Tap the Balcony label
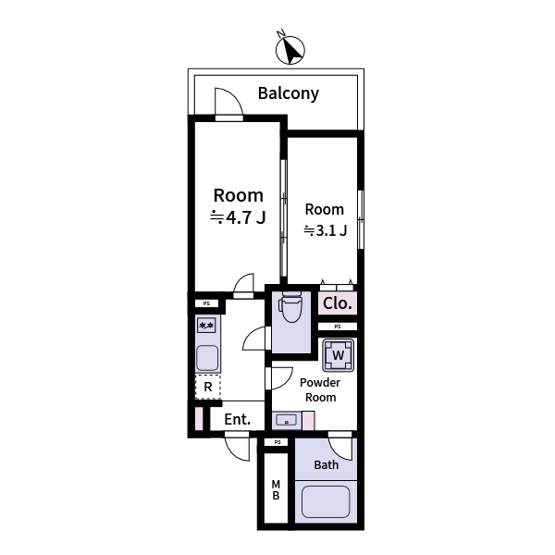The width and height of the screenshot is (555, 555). [288, 93]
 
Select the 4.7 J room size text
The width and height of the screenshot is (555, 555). [239, 218]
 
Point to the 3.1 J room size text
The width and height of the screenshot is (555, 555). [325, 231]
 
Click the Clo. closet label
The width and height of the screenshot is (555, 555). [337, 303]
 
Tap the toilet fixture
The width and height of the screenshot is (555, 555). [290, 308]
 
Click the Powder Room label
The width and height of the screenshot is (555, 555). [320, 389]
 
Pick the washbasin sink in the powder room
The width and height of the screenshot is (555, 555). [287, 421]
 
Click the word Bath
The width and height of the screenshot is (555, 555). [326, 464]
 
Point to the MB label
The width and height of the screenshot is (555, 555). [276, 491]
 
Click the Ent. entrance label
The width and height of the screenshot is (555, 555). [238, 419]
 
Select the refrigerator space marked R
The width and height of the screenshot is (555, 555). [208, 387]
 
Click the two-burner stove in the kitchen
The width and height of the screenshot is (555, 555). [207, 326]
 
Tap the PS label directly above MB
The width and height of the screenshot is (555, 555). [276, 443]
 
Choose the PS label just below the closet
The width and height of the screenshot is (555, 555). [338, 327]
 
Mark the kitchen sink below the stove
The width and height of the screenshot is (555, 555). [207, 357]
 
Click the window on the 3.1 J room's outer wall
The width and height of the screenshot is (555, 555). [361, 218]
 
